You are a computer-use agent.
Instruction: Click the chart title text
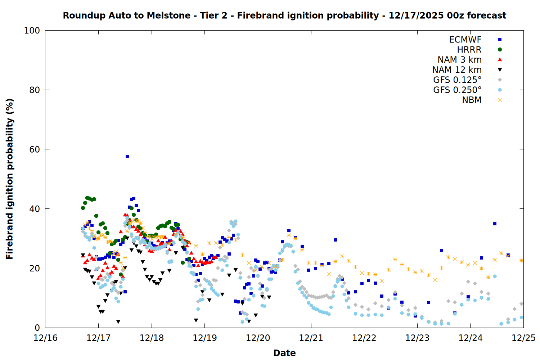click(x=284, y=15)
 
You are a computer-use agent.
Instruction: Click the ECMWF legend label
click(x=465, y=40)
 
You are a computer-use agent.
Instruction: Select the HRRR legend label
click(x=469, y=50)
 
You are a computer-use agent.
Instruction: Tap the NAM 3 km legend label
click(x=459, y=60)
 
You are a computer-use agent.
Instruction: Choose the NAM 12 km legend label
click(x=457, y=70)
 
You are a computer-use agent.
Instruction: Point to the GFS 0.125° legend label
click(x=457, y=80)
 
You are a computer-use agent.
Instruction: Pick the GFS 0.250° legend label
click(x=457, y=90)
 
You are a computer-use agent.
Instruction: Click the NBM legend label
click(x=472, y=100)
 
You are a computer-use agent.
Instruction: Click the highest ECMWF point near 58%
click(x=127, y=156)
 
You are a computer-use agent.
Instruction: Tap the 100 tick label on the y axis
click(x=32, y=31)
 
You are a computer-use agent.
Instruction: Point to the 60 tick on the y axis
click(x=34, y=149)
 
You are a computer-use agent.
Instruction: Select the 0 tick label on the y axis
click(x=37, y=328)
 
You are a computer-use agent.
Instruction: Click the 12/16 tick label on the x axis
click(x=45, y=338)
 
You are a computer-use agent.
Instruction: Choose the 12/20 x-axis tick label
click(x=258, y=338)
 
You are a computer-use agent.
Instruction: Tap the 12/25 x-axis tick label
click(x=523, y=338)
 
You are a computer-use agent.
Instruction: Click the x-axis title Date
click(x=284, y=353)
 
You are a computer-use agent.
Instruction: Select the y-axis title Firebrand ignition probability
click(x=10, y=179)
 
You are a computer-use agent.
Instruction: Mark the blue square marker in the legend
click(x=500, y=40)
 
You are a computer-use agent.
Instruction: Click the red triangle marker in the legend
click(x=500, y=60)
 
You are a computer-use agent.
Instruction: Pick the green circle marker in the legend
click(x=500, y=50)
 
